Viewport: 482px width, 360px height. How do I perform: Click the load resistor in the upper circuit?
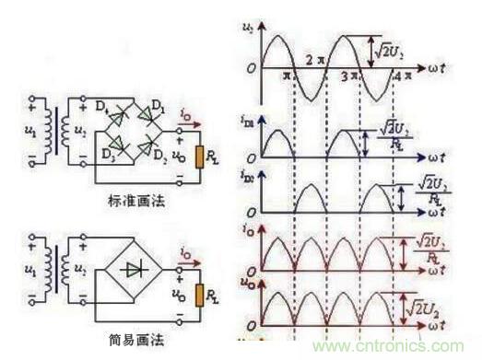pyautogui.click(x=197, y=156)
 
